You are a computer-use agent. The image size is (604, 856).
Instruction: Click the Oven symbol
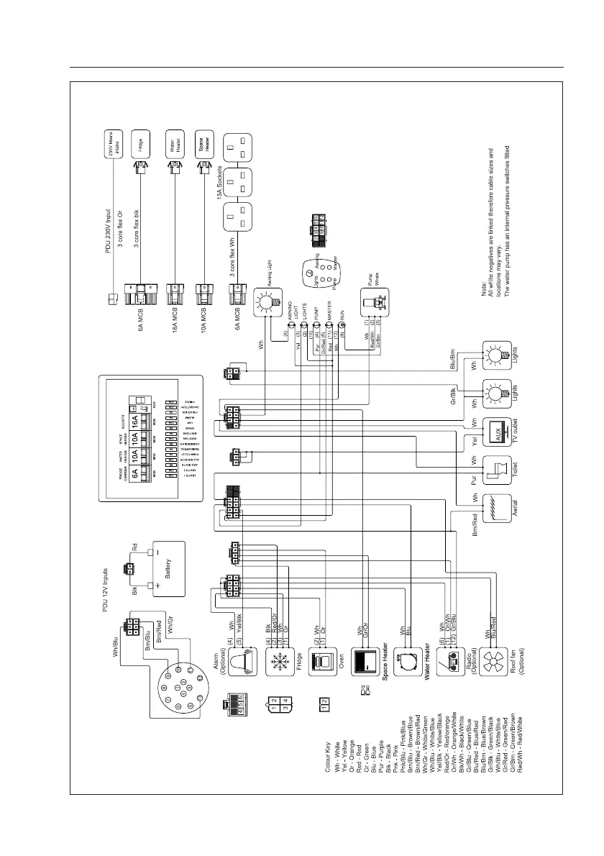pyautogui.click(x=323, y=657)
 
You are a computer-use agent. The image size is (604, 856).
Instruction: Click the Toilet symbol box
pyautogui.click(x=498, y=470)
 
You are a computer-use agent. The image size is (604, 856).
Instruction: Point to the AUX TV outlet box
pyautogui.click(x=498, y=432)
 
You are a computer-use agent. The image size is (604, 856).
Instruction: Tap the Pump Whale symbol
pyautogui.click(x=375, y=301)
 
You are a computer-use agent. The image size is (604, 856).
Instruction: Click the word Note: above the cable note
pyautogui.click(x=484, y=286)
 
